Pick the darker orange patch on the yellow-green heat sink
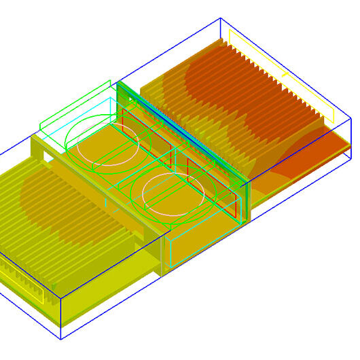click(x=61, y=204)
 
